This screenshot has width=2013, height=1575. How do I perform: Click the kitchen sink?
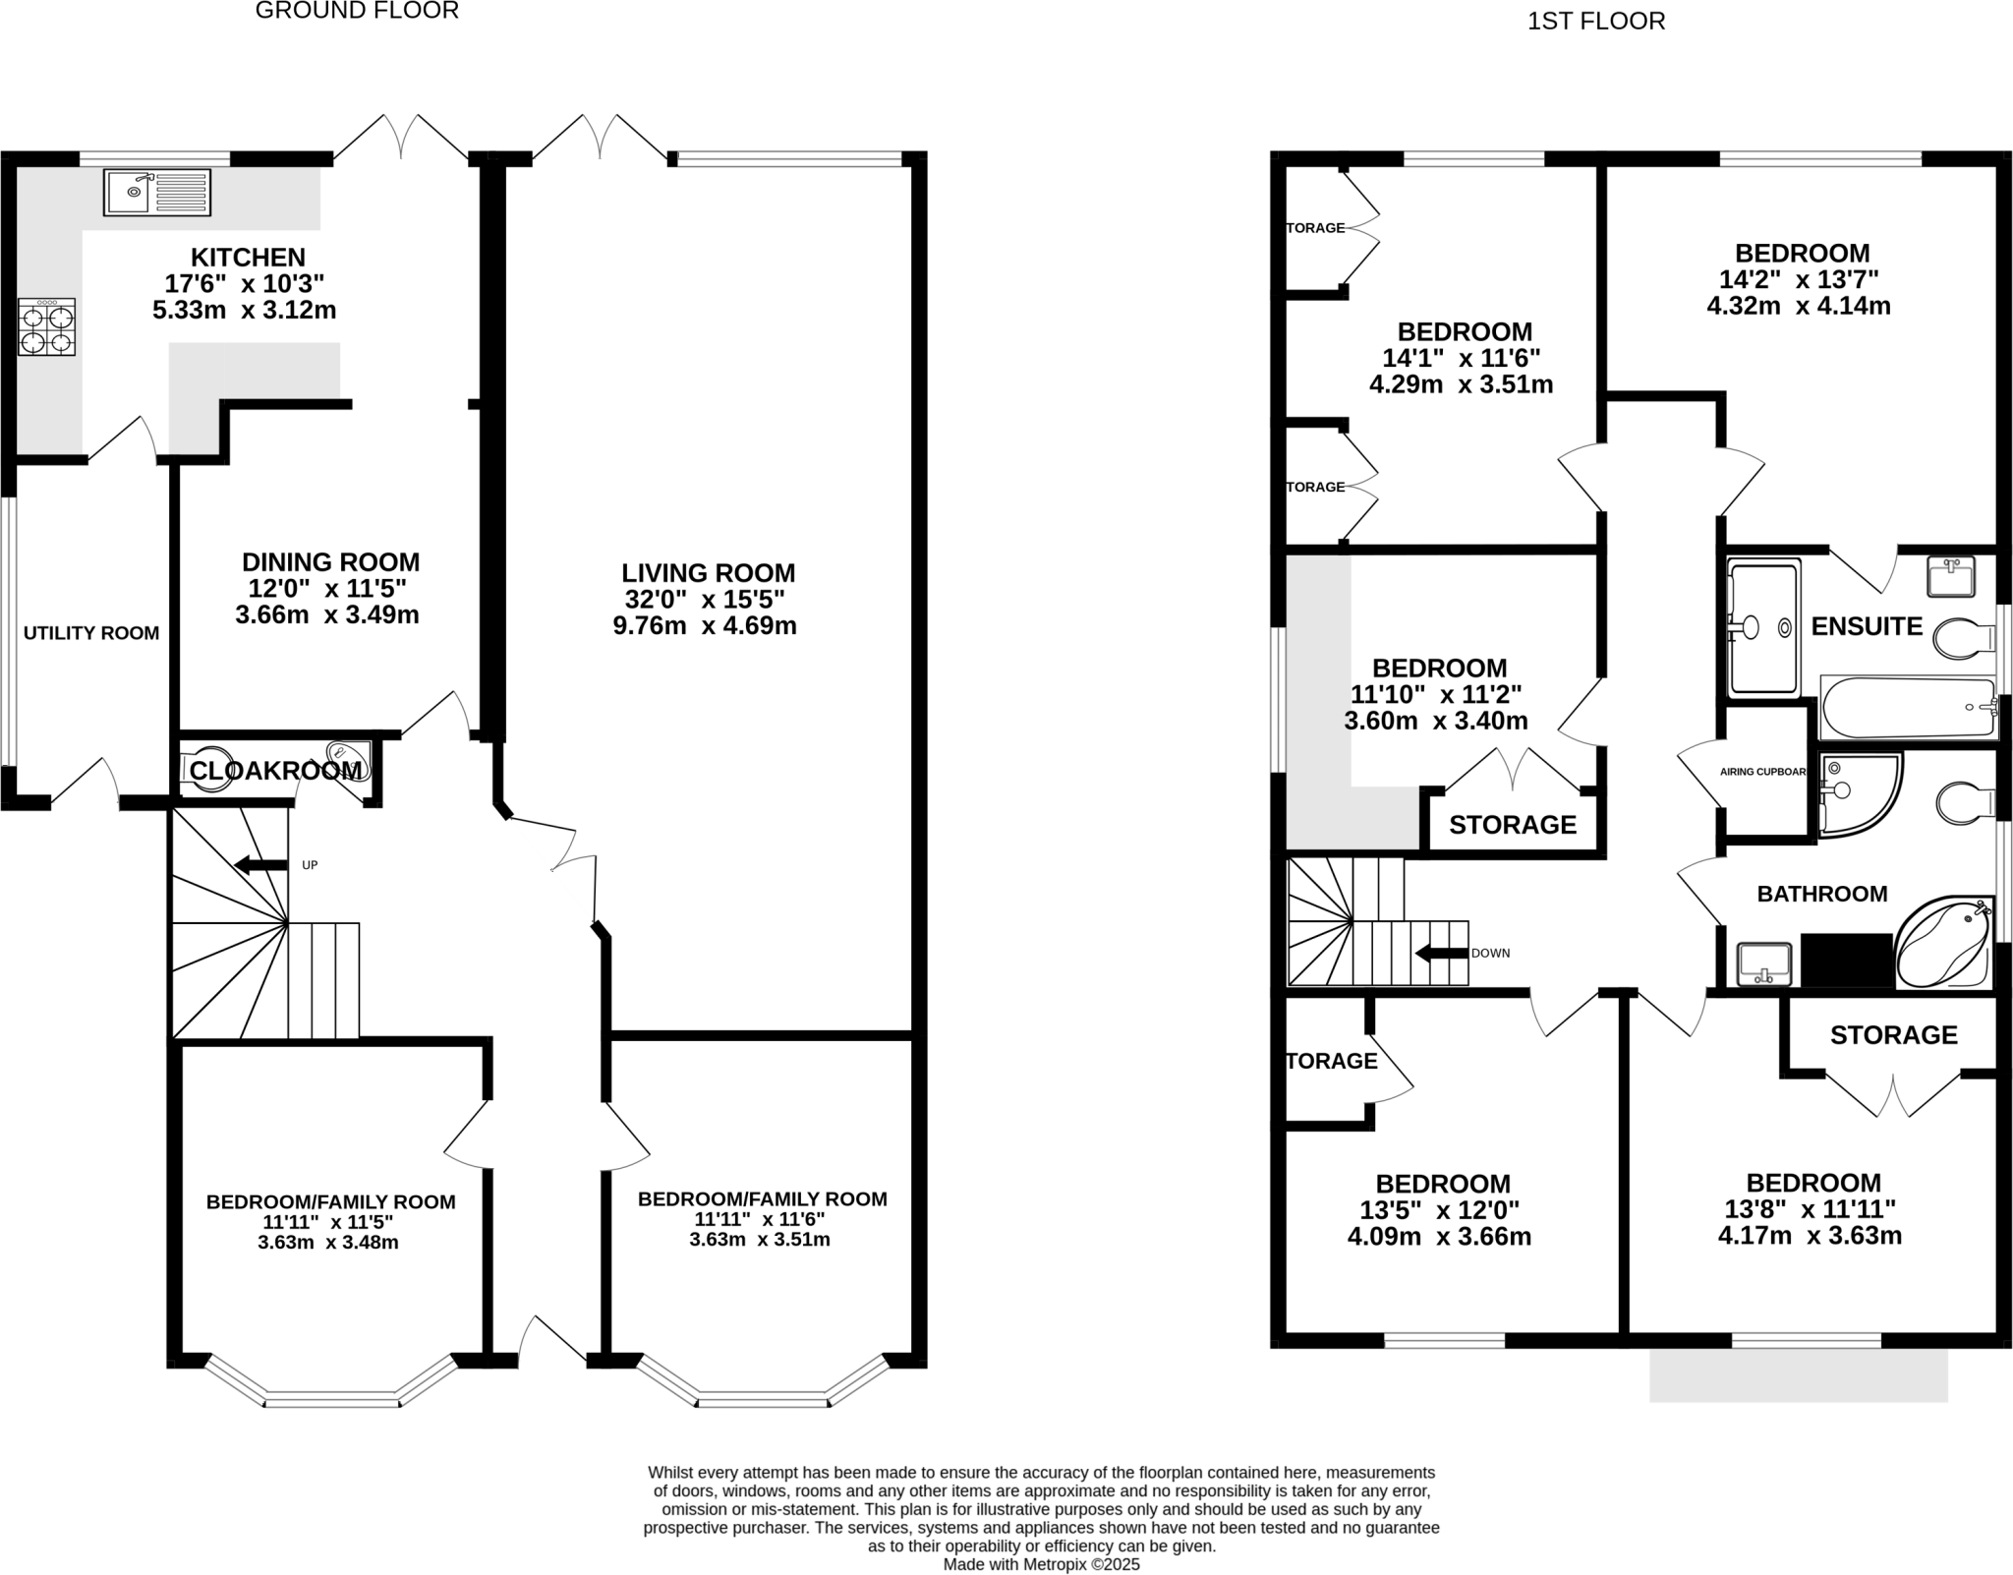tap(157, 192)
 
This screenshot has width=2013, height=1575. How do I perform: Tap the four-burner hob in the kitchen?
tap(46, 327)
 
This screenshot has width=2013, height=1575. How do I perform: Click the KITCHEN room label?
tap(248, 258)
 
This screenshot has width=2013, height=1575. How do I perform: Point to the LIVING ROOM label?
tap(708, 573)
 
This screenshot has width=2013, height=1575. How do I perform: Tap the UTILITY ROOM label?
tap(91, 633)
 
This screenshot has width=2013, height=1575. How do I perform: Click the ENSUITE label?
tap(1866, 626)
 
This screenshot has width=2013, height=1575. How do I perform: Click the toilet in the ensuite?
tap(1962, 639)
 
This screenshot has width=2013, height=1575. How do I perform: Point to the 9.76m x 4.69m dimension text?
tap(705, 626)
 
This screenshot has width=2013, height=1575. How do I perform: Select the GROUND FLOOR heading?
tap(357, 12)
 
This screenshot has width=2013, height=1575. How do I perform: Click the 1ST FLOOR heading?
tap(1595, 22)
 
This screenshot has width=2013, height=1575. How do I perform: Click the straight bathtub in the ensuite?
tap(1907, 707)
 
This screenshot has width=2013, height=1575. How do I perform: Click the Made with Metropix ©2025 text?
tap(1041, 1563)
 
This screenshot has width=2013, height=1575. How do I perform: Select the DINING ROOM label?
tap(330, 562)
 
